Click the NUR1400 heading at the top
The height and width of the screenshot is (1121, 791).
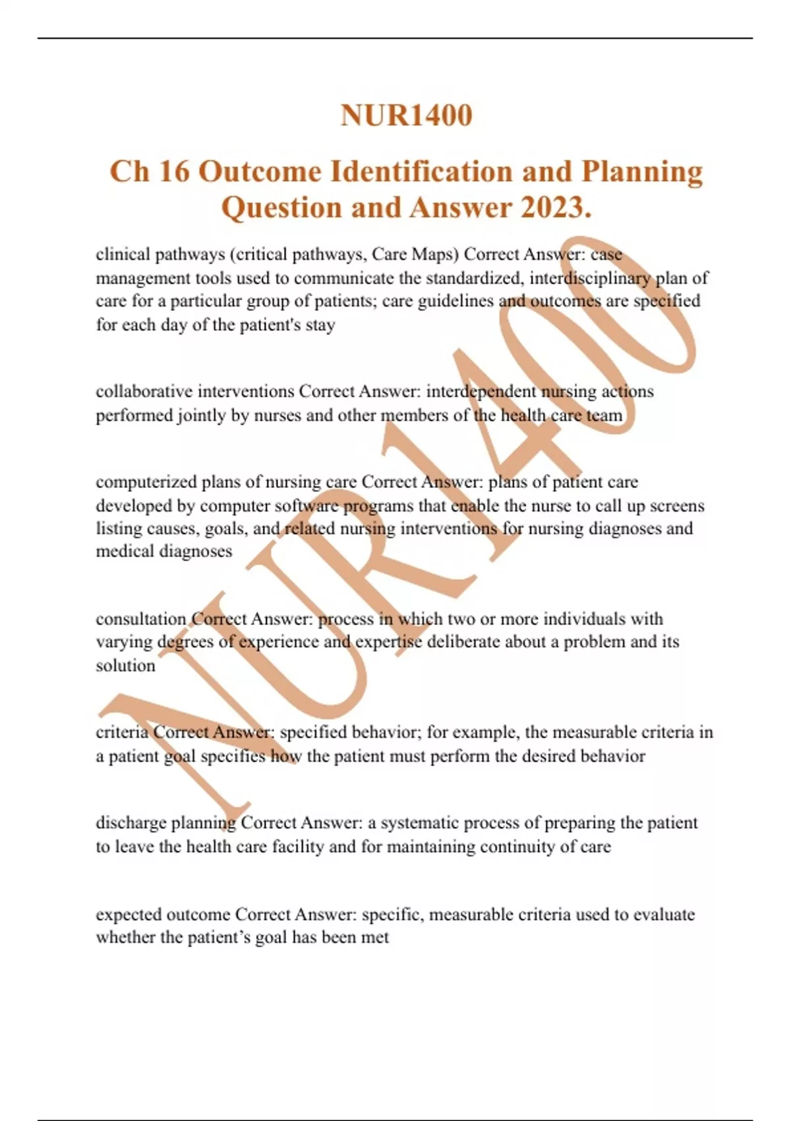tap(406, 115)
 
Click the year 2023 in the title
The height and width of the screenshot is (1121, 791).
tap(551, 208)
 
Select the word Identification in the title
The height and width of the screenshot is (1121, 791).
tap(421, 172)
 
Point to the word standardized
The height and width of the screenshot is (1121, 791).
tap(475, 278)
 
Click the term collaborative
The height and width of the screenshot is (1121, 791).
tap(144, 392)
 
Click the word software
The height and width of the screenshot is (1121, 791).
tap(307, 506)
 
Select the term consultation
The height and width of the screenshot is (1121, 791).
tap(141, 619)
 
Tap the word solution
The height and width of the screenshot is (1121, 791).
tap(125, 665)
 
